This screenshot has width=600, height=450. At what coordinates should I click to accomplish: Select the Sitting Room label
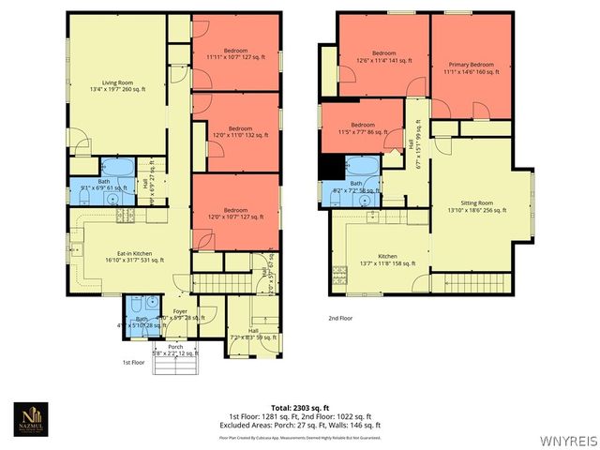click(476, 206)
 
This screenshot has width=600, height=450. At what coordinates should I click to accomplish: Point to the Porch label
click(174, 350)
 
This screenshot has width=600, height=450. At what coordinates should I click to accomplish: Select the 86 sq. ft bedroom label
click(363, 128)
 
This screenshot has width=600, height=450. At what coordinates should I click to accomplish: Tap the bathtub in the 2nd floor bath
click(361, 169)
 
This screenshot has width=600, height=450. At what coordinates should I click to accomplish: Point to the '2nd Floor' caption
click(340, 319)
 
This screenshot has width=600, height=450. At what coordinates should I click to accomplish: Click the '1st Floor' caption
click(135, 362)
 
